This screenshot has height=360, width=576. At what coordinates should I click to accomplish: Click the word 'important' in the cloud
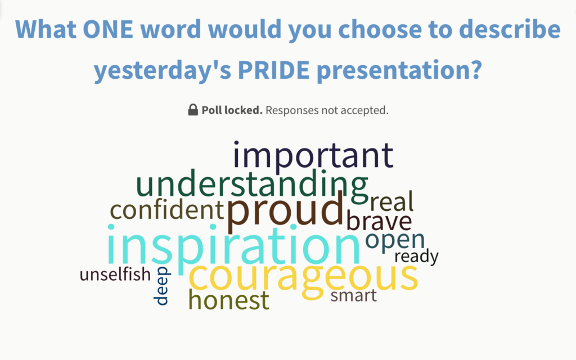[313, 156]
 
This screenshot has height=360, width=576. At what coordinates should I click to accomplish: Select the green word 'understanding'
[252, 184]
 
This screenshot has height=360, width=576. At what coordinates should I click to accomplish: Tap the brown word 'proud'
[285, 211]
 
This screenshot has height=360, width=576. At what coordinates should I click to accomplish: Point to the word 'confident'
[166, 210]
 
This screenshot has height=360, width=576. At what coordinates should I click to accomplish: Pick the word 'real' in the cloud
[391, 201]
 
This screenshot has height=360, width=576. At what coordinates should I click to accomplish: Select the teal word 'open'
[395, 241]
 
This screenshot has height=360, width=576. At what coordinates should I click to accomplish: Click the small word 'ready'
[416, 256]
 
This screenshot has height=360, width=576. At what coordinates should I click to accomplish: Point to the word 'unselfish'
[115, 274]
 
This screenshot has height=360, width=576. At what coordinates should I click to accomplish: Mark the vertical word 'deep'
[161, 286]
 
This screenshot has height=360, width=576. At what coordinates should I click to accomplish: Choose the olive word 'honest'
[228, 300]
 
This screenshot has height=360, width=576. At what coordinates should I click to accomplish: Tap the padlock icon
[193, 110]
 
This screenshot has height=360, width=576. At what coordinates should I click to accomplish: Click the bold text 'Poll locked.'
[232, 110]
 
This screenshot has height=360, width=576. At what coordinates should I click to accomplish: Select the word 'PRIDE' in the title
[274, 69]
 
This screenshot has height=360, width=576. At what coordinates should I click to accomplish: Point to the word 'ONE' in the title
[108, 29]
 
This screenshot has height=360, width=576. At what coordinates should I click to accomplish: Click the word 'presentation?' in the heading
[399, 70]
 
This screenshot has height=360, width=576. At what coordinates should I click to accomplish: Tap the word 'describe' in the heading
[510, 29]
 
